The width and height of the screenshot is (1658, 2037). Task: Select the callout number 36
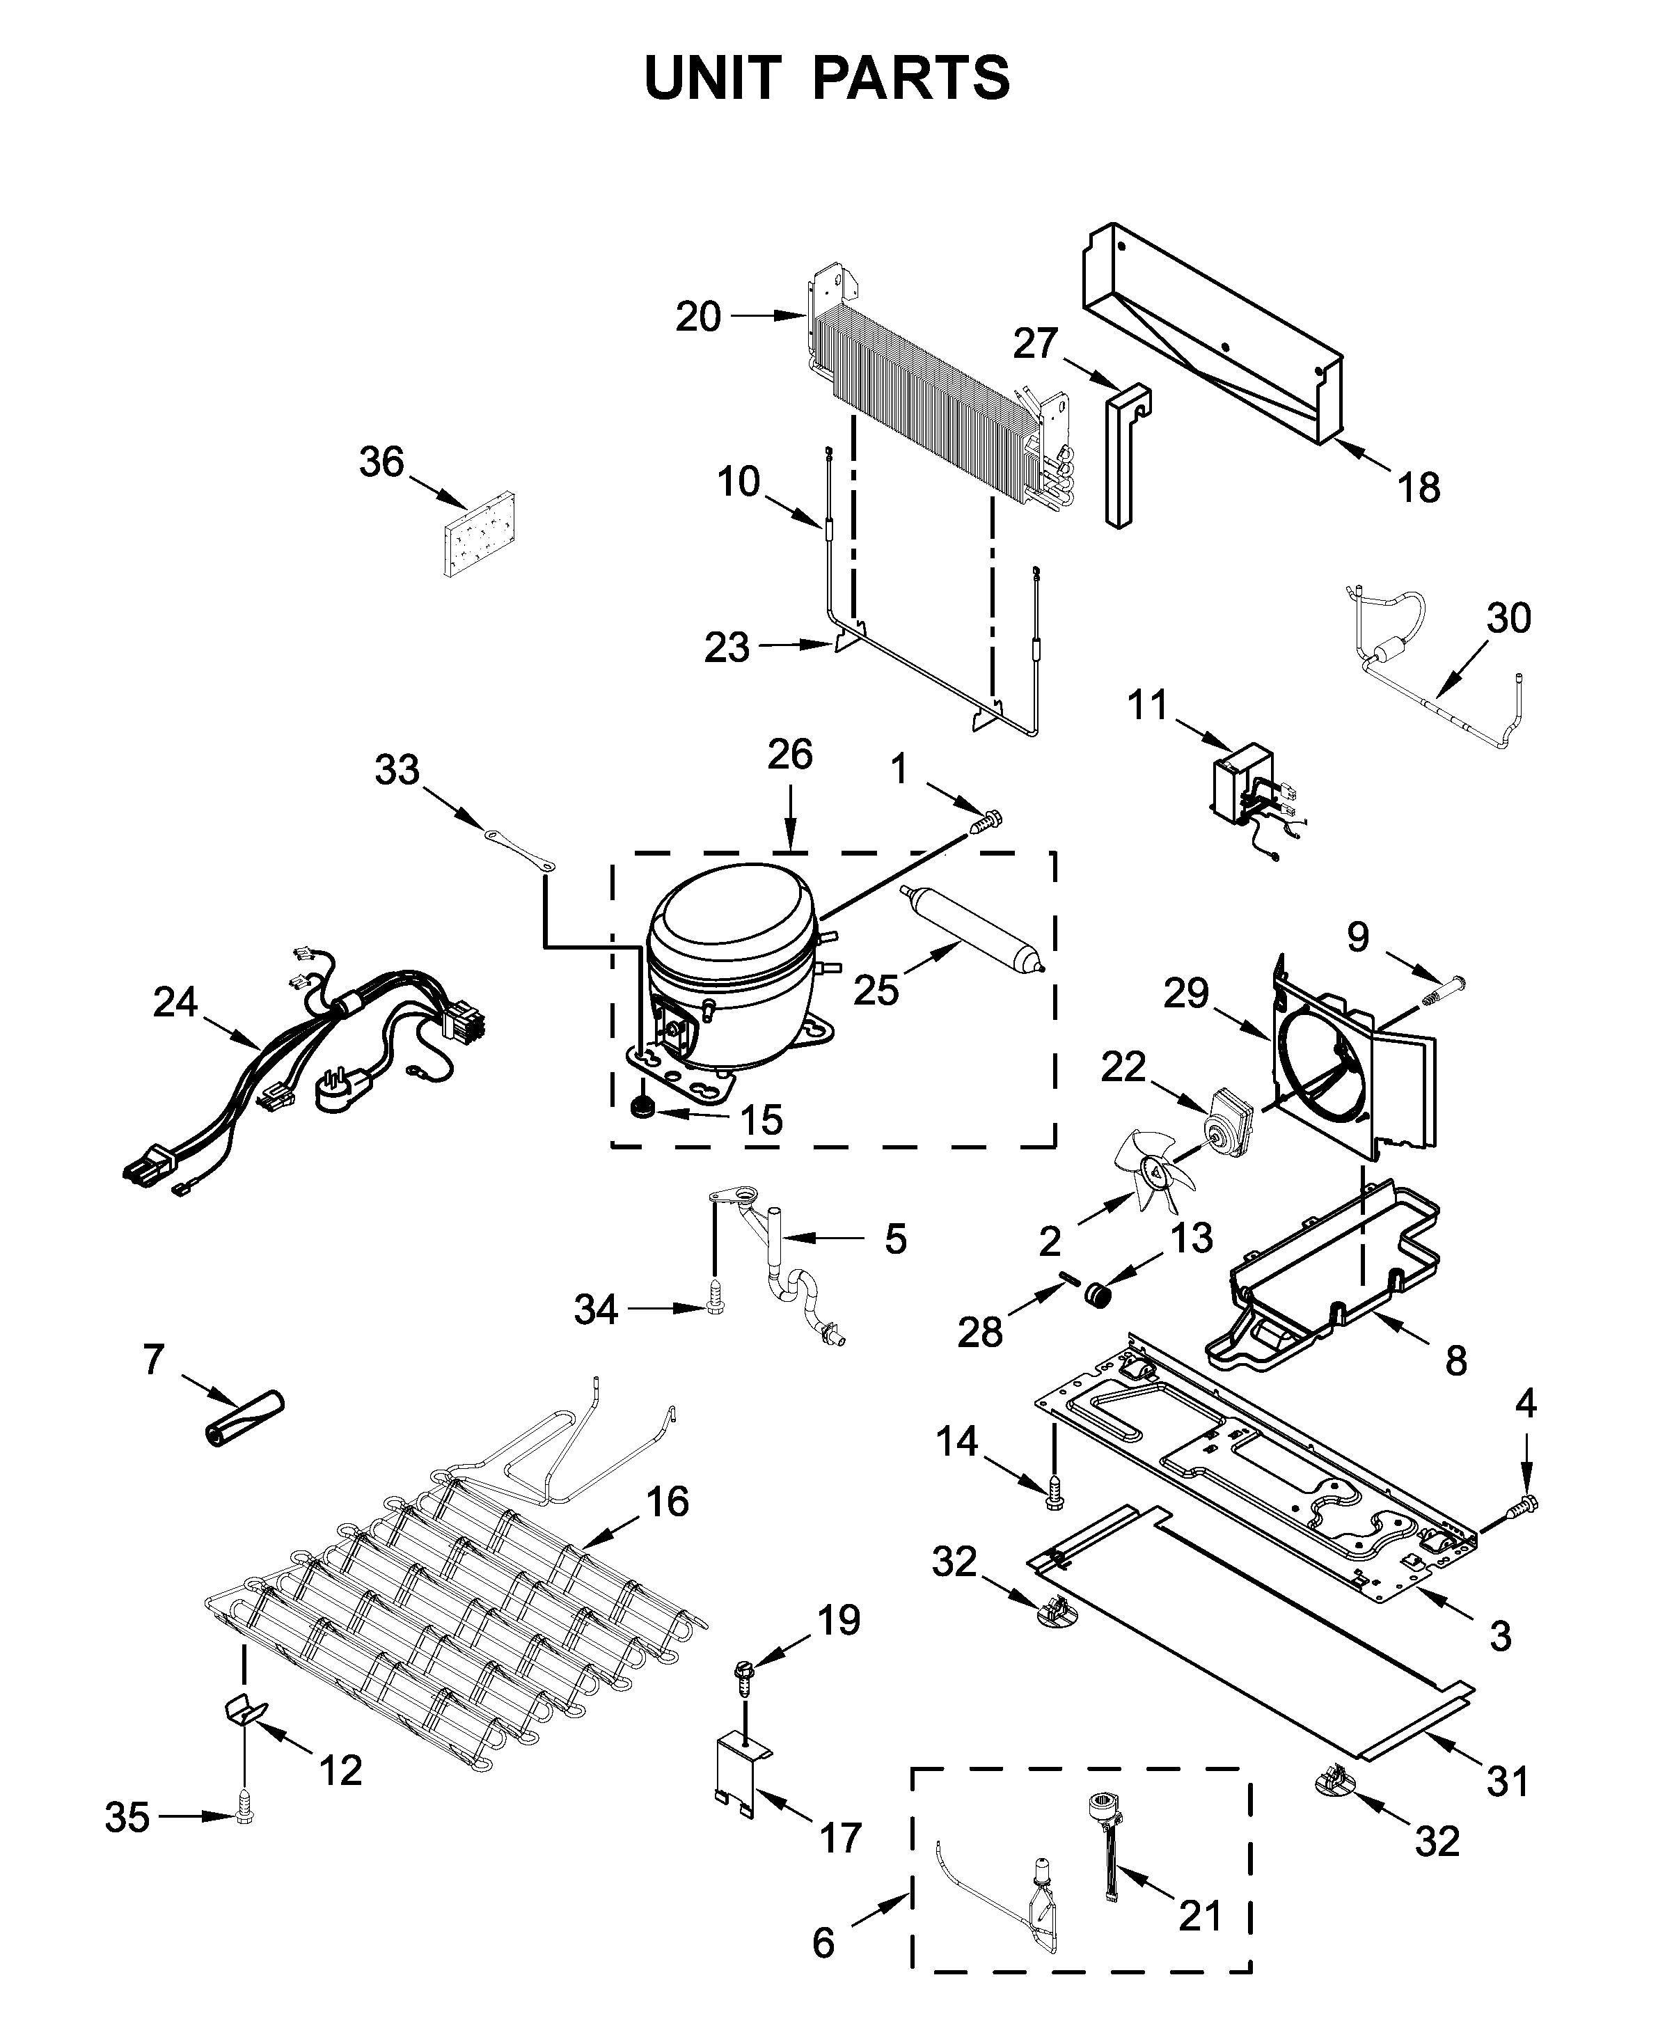click(381, 462)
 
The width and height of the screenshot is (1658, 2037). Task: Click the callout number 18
click(1419, 488)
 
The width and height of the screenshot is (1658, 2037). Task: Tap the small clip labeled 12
click(244, 1708)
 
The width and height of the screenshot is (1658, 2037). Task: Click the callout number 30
click(1508, 618)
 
